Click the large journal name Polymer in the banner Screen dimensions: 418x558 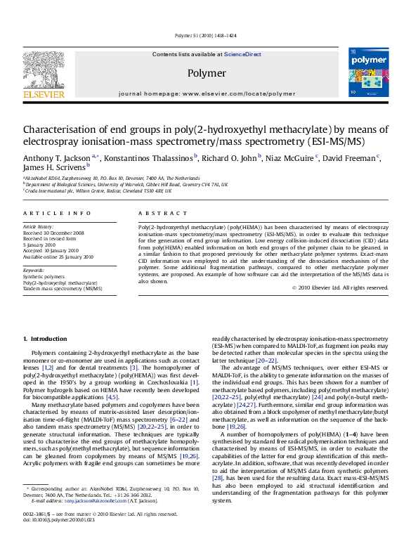point(206,73)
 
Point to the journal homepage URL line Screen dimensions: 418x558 point(206,93)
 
